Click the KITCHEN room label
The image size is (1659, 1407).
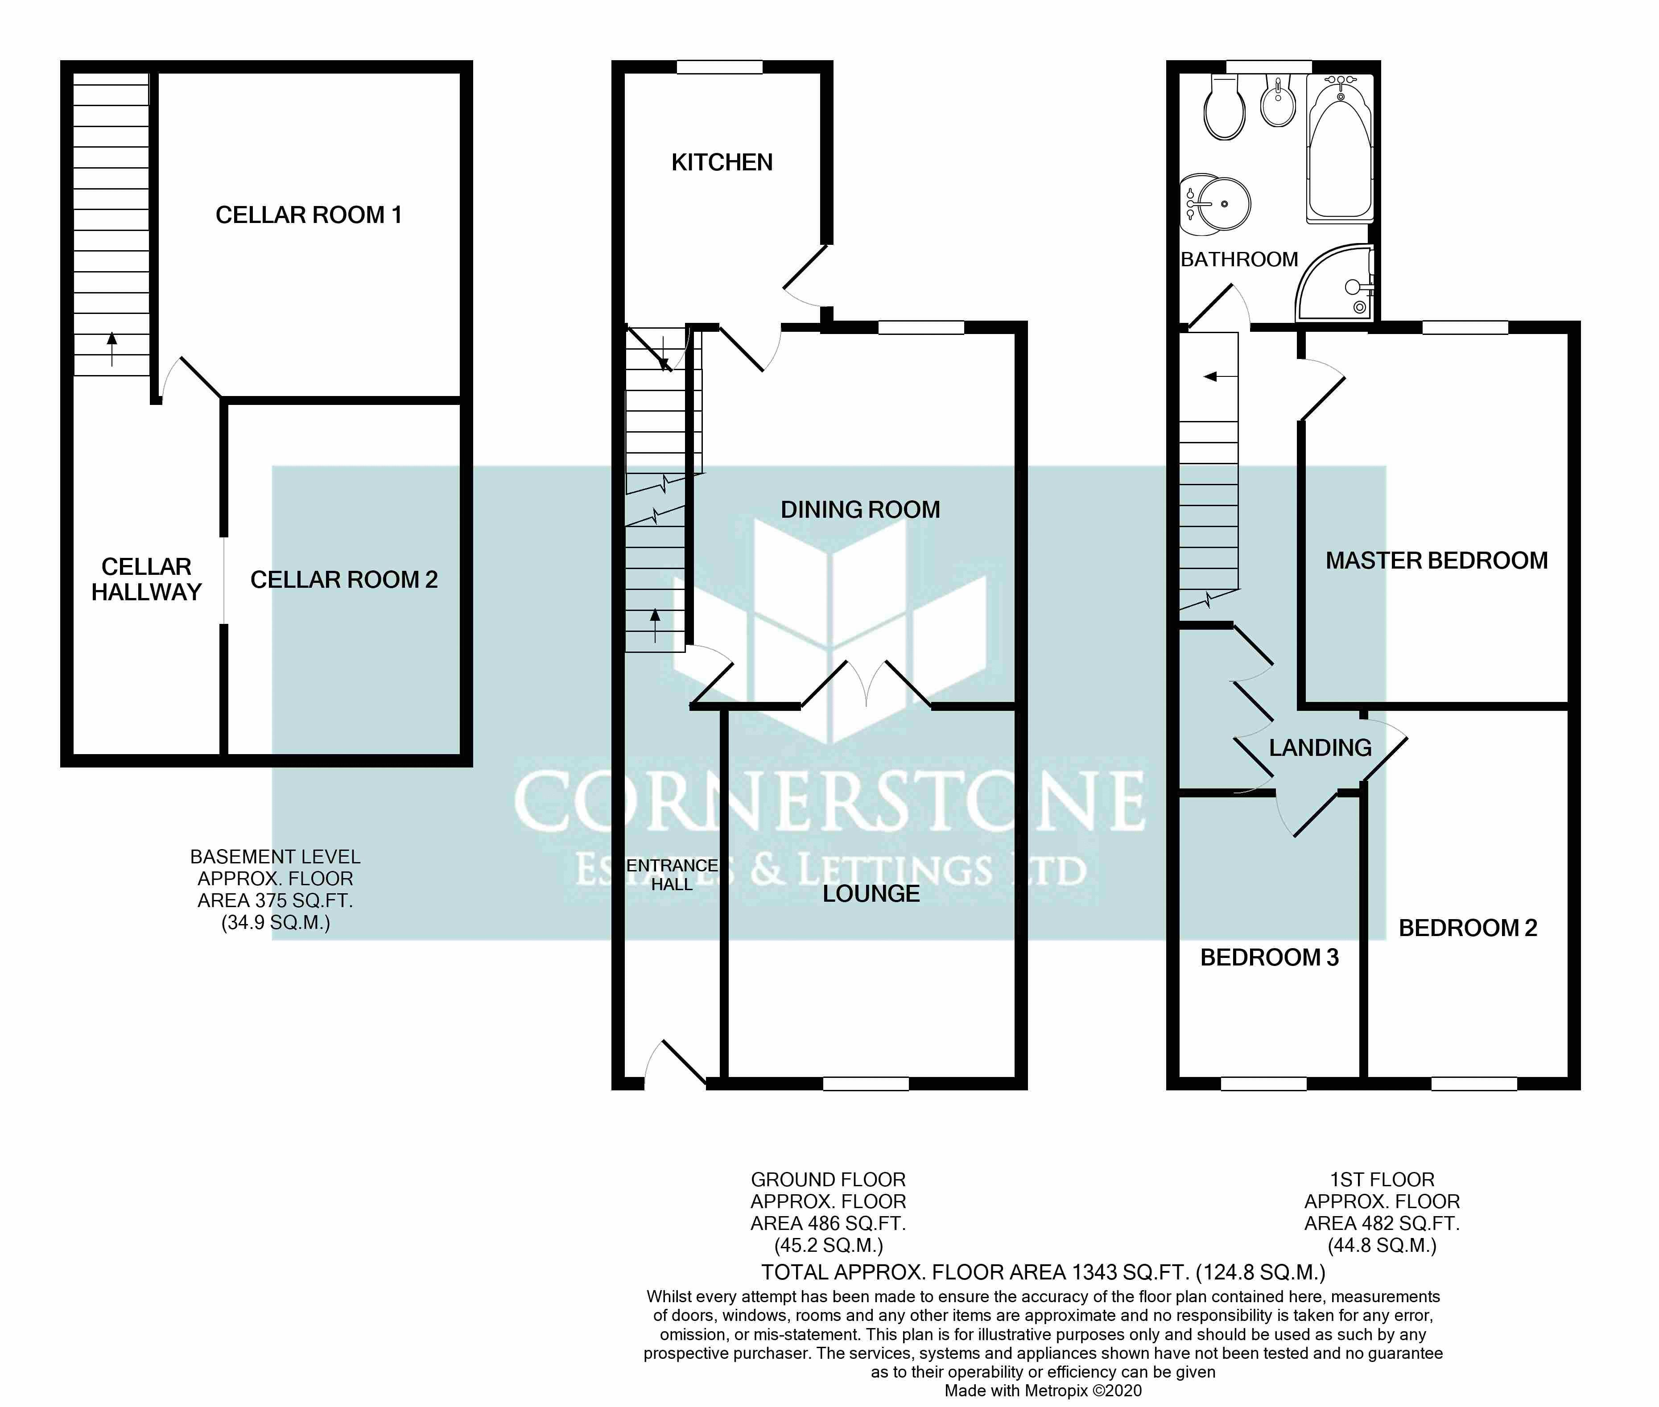click(722, 163)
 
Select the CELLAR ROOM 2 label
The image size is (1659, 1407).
click(344, 580)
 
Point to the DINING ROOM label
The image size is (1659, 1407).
click(860, 510)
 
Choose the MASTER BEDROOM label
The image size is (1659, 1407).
click(1436, 561)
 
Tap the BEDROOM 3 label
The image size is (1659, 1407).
click(1269, 957)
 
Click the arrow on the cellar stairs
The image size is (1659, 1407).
click(111, 349)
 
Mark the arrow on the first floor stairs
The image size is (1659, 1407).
click(1220, 376)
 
